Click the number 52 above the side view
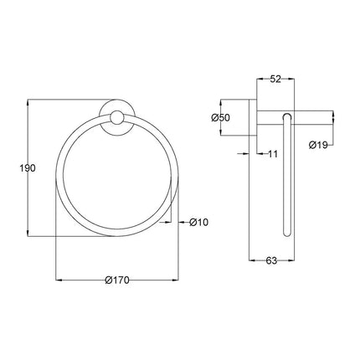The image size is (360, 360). (275, 80)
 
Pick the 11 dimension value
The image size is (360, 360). (272, 154)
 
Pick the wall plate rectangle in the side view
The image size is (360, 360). (257, 117)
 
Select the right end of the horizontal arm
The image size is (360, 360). (333, 117)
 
